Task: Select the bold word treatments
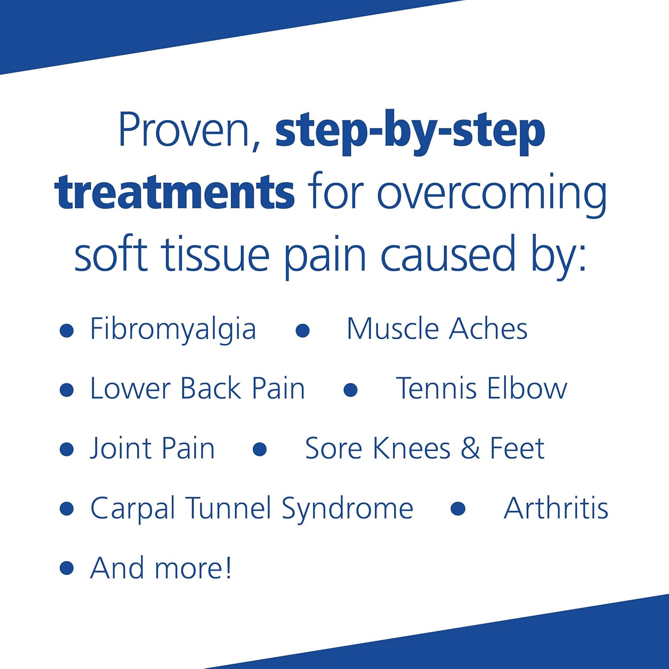[x=174, y=193]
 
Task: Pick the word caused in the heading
[x=448, y=255]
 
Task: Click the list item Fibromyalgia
[x=173, y=330]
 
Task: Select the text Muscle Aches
[x=437, y=329]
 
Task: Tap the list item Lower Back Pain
[x=198, y=388]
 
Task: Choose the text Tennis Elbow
[x=481, y=388]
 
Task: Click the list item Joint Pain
[x=153, y=448]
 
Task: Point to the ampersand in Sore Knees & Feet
[x=470, y=448]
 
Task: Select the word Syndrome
[x=347, y=509]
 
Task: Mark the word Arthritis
[x=556, y=508]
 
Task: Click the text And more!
[x=161, y=568]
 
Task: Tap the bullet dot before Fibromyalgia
[x=66, y=330]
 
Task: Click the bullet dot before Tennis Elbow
[x=351, y=390]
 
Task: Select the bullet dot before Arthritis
[x=458, y=509]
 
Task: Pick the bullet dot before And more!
[x=66, y=568]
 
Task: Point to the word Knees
[x=412, y=448]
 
